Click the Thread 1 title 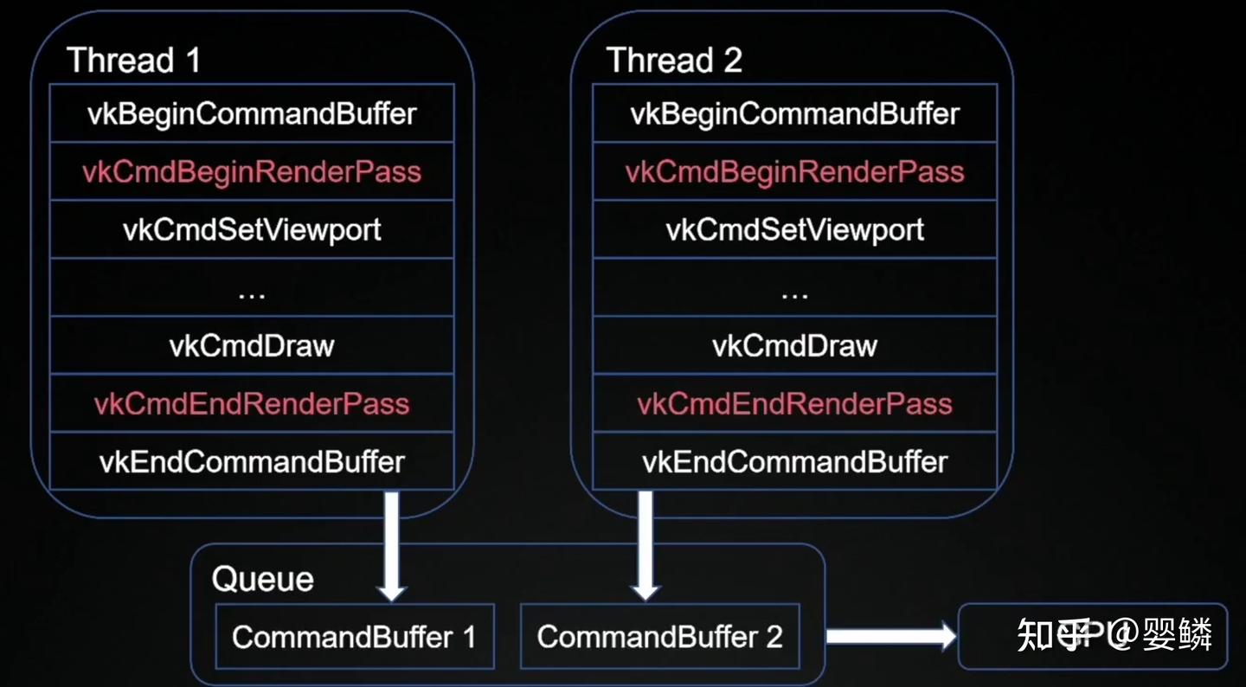pyautogui.click(x=133, y=61)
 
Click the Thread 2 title pyautogui.click(x=674, y=61)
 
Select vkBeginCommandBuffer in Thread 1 pyautogui.click(x=252, y=113)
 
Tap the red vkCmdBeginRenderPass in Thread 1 pyautogui.click(x=252, y=171)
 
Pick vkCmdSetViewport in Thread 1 pyautogui.click(x=252, y=229)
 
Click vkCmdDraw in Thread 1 pyautogui.click(x=252, y=346)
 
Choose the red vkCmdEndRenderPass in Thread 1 pyautogui.click(x=252, y=404)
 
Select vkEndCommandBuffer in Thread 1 pyautogui.click(x=252, y=462)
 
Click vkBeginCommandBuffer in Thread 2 pyautogui.click(x=794, y=113)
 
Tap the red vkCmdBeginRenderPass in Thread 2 pyautogui.click(x=794, y=171)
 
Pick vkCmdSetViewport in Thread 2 pyautogui.click(x=794, y=229)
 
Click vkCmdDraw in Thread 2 pyautogui.click(x=794, y=346)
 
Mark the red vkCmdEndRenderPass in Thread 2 pyautogui.click(x=794, y=404)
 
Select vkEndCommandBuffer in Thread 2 pyautogui.click(x=794, y=462)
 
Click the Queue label pyautogui.click(x=262, y=579)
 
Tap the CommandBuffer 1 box pyautogui.click(x=354, y=637)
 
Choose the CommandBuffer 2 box pyautogui.click(x=659, y=637)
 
